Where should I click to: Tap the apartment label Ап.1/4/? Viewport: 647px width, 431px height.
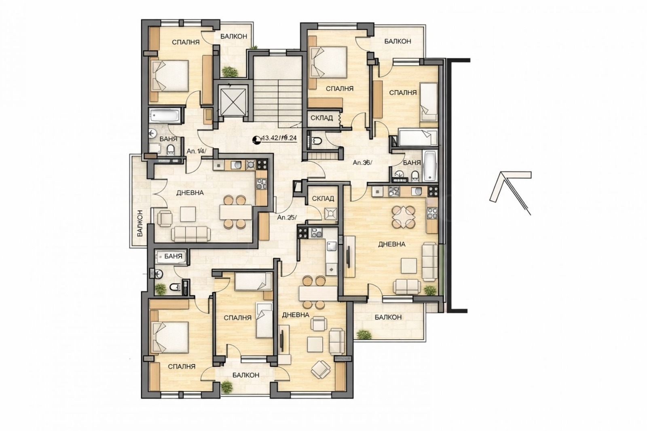pyautogui.click(x=197, y=151)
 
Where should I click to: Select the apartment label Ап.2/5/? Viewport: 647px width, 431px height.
pyautogui.click(x=286, y=217)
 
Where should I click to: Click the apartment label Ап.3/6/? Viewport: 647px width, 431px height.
pyautogui.click(x=362, y=163)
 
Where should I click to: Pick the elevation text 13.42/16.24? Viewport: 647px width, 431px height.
pyautogui.click(x=279, y=138)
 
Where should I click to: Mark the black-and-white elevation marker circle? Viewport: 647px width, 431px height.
pyautogui.click(x=256, y=140)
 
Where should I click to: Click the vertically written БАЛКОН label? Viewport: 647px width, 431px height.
pyautogui.click(x=140, y=223)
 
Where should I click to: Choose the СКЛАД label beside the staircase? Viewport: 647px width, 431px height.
pyautogui.click(x=321, y=118)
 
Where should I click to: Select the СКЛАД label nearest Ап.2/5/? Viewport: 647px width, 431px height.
pyautogui.click(x=323, y=199)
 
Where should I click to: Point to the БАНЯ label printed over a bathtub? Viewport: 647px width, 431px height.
pyautogui.click(x=173, y=256)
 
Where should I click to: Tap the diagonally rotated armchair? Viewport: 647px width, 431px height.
pyautogui.click(x=321, y=369)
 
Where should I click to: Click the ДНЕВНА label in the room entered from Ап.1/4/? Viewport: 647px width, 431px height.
pyautogui.click(x=190, y=193)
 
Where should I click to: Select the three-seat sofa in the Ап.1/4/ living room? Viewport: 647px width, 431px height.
pyautogui.click(x=190, y=233)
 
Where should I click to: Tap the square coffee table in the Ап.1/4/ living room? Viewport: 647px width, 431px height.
pyautogui.click(x=188, y=213)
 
